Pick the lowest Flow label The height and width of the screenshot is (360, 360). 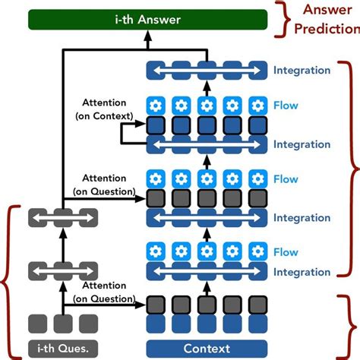286,252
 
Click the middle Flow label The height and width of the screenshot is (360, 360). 286,180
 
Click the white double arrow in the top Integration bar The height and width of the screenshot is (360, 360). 205,71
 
